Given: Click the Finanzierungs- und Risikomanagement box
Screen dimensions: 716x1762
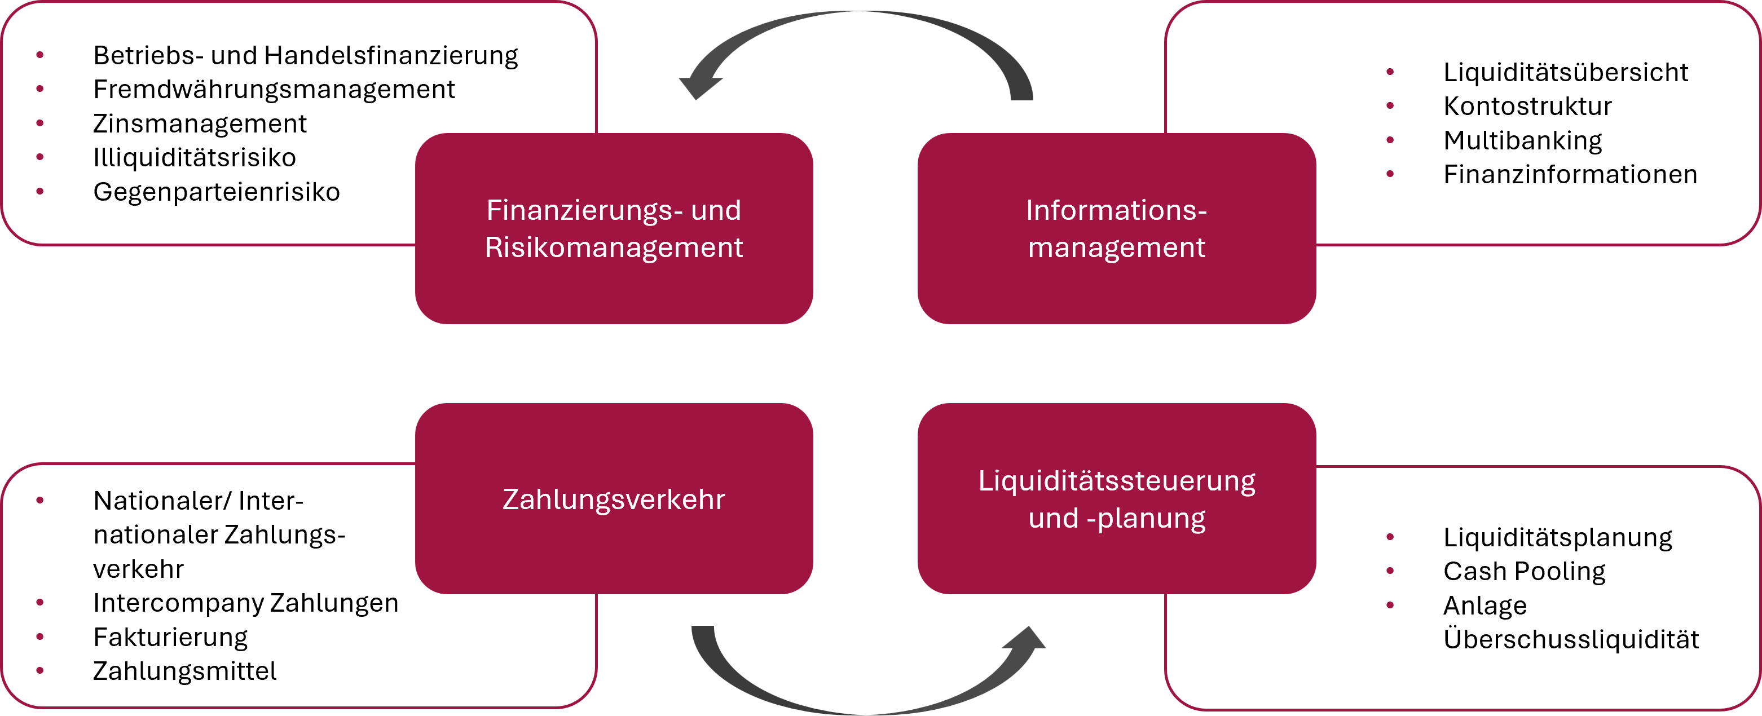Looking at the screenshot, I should [x=614, y=228].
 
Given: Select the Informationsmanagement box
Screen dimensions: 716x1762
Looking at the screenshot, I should [x=1116, y=228].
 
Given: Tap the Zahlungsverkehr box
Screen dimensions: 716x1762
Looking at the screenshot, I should [x=614, y=498].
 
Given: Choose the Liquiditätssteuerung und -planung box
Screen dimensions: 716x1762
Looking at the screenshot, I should [x=1116, y=498].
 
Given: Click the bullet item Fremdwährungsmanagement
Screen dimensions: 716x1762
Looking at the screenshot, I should [x=274, y=90].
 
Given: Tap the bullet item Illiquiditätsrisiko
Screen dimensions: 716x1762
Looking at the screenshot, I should [x=194, y=158].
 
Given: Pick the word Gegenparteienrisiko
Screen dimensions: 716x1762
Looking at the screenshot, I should [x=216, y=192].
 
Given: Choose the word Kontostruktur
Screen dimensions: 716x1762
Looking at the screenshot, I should [x=1527, y=107].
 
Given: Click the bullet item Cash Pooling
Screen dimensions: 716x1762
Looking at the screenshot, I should [x=1524, y=572].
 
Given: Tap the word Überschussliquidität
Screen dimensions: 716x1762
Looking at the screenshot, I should [x=1570, y=640].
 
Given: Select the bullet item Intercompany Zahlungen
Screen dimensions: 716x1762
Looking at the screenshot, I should [x=245, y=603].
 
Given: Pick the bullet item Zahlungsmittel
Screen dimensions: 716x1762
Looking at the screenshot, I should [x=184, y=671].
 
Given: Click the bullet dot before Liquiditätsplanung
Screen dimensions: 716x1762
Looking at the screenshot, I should [x=1390, y=537].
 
